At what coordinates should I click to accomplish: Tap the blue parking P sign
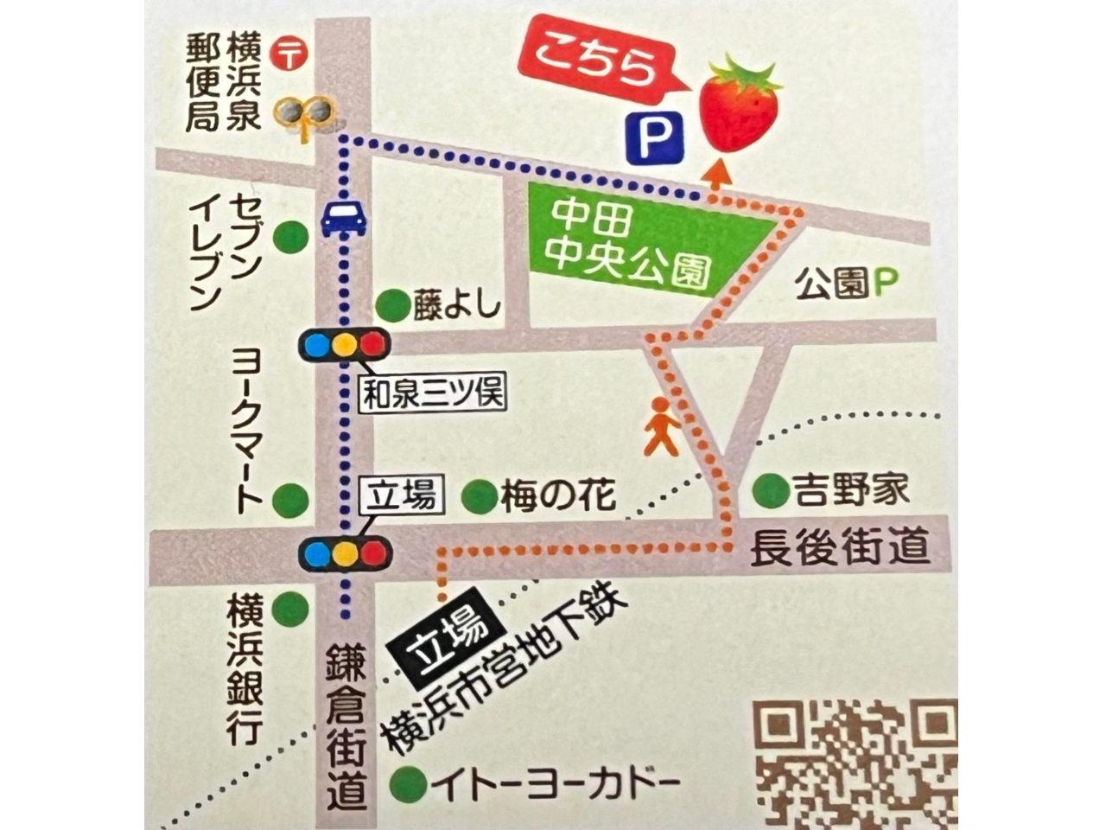655,135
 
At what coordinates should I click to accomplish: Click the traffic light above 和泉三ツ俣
344,345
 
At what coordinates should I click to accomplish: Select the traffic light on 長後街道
344,552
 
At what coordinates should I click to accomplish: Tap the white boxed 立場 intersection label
402,497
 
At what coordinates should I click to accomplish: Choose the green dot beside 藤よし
393,304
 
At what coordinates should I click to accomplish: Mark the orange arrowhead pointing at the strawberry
715,173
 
